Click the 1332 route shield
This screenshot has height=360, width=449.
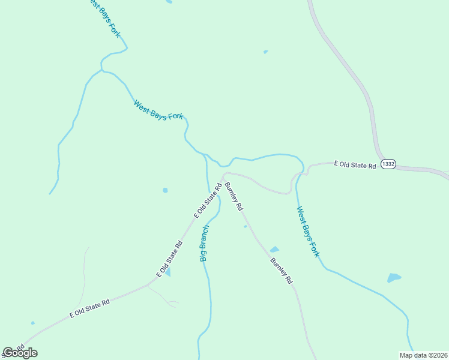coord(388,164)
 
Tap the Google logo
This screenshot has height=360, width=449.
coord(20,353)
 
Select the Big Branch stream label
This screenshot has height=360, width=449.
coord(204,244)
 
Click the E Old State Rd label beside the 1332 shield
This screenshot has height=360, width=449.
coord(355,164)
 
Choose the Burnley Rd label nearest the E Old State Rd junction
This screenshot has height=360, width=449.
coord(234,196)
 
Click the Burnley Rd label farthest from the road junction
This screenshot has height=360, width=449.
coord(281,271)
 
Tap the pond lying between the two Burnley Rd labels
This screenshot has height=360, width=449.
coord(274,249)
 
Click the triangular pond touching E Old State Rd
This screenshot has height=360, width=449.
coord(167,273)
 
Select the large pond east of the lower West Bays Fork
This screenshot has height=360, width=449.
coord(394,278)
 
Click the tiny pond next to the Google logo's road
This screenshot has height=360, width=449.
coord(32,323)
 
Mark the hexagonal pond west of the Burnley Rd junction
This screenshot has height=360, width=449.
coord(165,190)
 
